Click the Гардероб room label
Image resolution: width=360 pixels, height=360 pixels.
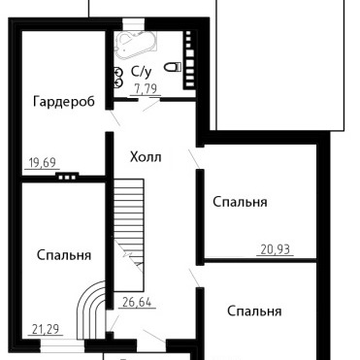pos(64,102)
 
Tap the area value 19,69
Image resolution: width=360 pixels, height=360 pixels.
pos(42,162)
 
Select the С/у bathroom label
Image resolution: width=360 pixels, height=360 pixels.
pos(142,72)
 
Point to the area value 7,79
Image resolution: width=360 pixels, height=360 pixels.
pos(146,88)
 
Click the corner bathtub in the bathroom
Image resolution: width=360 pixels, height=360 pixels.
pos(135,45)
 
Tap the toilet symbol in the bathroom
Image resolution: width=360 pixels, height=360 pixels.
pos(173,67)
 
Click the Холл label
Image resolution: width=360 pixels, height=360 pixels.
pos(146,157)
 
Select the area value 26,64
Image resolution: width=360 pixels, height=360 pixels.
pos(137,302)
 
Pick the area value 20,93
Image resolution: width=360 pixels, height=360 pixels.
pos(276,249)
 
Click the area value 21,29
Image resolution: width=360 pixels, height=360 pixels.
pos(46,329)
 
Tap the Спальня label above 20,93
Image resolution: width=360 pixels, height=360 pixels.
pos(240,202)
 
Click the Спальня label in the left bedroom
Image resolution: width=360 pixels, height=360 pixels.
pos(64,255)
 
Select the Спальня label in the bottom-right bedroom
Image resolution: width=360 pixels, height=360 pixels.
pos(254,311)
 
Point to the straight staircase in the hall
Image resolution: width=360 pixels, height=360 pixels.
pos(129,235)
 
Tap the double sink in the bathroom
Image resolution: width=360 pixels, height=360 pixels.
pos(118,78)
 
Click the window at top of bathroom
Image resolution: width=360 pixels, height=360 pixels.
pos(133,24)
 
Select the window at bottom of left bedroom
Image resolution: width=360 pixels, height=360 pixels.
pos(62,348)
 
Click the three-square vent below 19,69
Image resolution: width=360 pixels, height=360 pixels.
pos(67,177)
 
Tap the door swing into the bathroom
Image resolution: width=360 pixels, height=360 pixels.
pos(150,106)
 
